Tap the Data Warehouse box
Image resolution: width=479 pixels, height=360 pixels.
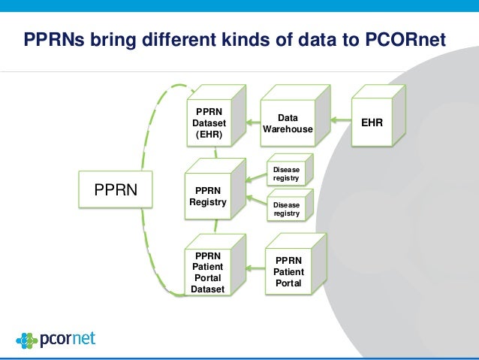[287, 124]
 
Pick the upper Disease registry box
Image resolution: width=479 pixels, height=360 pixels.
[286, 174]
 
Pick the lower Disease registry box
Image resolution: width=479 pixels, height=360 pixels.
[286, 209]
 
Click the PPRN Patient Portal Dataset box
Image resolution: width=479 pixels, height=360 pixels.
[208, 271]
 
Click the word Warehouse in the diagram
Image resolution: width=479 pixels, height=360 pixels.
[287, 129]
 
